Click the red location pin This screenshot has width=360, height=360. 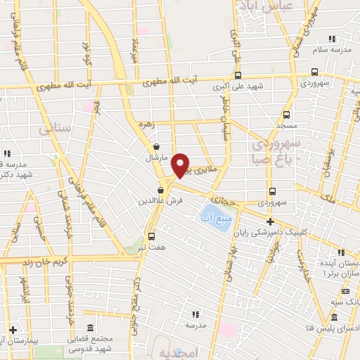pos(181,165)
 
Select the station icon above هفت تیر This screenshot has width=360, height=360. pos(151,236)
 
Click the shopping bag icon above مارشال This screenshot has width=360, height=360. pos(155,147)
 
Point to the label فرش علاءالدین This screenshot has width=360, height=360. pos(160,200)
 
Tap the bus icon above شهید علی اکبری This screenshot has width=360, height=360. pos(238,75)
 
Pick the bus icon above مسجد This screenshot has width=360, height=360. pos(286,115)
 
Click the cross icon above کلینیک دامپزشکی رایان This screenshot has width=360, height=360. pos(270,221)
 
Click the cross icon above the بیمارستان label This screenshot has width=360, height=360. pos(13,329)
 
